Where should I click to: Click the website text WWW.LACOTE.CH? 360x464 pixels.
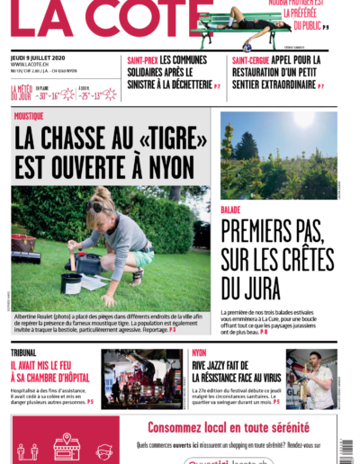pos(30,65)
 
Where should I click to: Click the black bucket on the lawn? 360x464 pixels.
pos(71,282)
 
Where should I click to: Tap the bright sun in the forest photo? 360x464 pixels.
pos(304,120)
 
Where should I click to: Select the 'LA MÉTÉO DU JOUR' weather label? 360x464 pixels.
pos(22,93)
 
